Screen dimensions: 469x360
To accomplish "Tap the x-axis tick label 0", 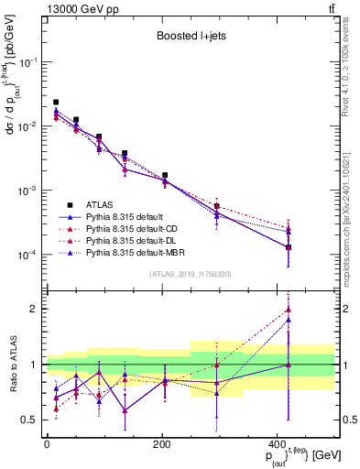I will pyautogui.click(x=46, y=444).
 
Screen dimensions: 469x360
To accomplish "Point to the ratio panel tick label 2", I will pyautogui.click(x=35, y=309).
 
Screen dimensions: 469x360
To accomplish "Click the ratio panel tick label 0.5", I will pyautogui.click(x=29, y=420).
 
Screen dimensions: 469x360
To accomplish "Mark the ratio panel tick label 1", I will pyautogui.click(x=35, y=365).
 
